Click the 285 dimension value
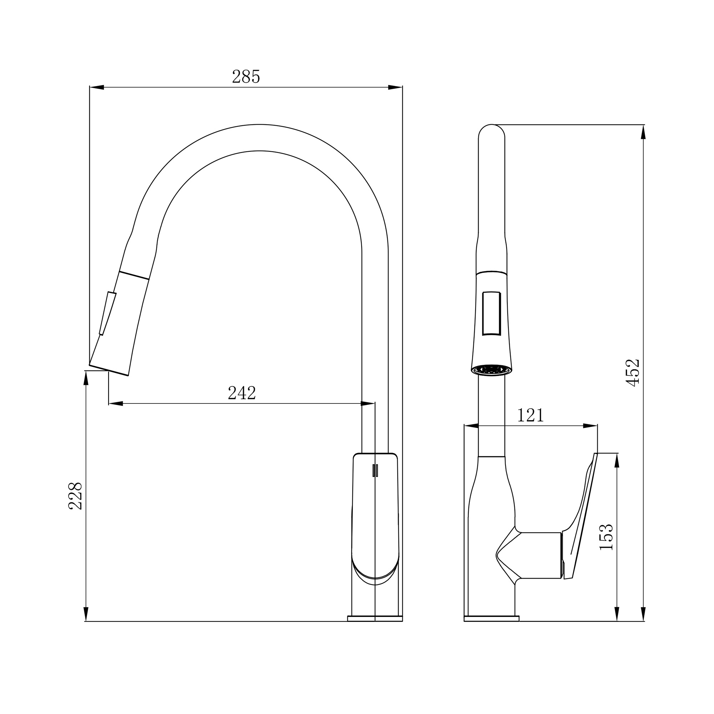[x=246, y=77]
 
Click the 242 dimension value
[x=242, y=393]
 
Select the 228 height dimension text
[x=75, y=496]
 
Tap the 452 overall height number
[x=633, y=372]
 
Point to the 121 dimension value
[x=531, y=416]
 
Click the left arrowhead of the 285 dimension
[x=97, y=87]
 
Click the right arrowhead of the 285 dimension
[x=395, y=87]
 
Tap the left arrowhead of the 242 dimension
[x=116, y=403]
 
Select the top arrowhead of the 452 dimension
[x=643, y=132]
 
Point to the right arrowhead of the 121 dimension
[x=590, y=426]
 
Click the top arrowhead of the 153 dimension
[x=617, y=461]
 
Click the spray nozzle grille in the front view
[x=492, y=369]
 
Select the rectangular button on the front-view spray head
[x=492, y=313]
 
